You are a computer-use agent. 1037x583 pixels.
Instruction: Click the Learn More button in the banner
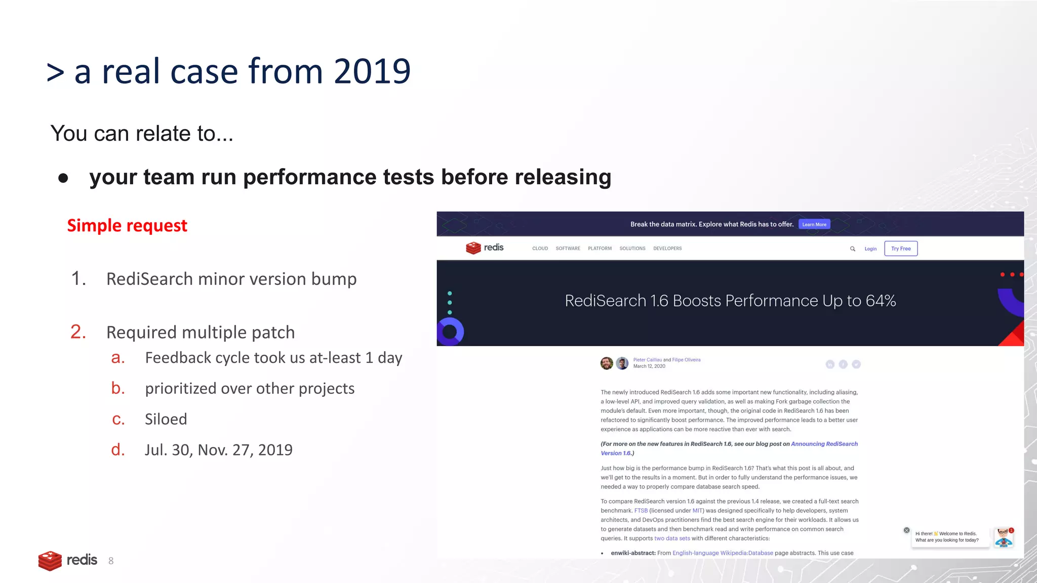coord(814,224)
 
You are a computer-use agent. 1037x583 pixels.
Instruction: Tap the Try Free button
coord(901,248)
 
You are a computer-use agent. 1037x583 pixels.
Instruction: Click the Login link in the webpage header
coord(870,249)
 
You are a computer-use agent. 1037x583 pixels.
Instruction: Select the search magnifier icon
coord(853,249)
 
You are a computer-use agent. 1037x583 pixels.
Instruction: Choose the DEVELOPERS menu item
coord(667,248)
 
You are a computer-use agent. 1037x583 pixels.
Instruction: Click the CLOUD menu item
coord(540,248)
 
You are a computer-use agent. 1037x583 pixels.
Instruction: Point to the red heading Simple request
coord(127,226)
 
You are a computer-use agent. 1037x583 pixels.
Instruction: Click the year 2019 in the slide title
coord(372,71)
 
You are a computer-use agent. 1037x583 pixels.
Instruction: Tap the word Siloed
coord(166,419)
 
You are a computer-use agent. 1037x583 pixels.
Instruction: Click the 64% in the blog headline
coord(881,301)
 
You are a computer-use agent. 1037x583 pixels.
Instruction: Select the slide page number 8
coord(111,561)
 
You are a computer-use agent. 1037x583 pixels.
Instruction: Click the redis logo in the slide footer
coord(68,560)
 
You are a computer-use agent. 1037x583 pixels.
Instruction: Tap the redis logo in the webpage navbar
coord(485,247)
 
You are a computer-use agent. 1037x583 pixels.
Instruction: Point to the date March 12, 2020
coord(649,366)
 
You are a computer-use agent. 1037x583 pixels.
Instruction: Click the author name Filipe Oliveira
coord(686,360)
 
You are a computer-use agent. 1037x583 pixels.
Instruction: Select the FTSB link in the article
coord(641,511)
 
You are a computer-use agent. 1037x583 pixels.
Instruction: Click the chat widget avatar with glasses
coord(1003,537)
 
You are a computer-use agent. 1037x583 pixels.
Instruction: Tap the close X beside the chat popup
coord(906,530)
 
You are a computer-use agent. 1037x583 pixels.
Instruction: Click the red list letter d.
coord(118,450)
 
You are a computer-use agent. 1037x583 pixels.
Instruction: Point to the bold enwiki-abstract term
coord(633,553)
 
